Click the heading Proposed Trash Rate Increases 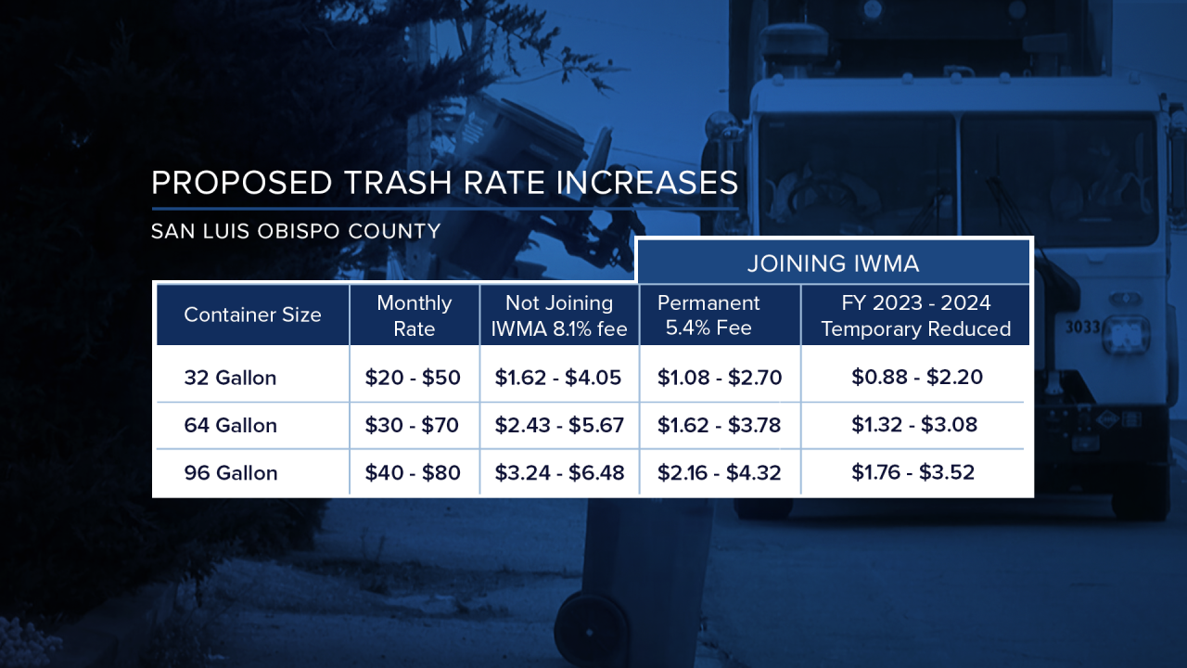click(444, 183)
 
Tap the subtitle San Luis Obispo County click(296, 231)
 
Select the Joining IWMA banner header click(833, 263)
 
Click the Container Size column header click(252, 315)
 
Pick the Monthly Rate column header click(415, 315)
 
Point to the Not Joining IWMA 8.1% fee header click(559, 315)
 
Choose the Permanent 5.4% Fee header click(709, 315)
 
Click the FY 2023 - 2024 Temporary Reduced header click(915, 315)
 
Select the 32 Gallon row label click(230, 378)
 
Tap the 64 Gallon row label click(230, 425)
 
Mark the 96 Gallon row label click(230, 472)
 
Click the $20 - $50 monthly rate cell click(413, 378)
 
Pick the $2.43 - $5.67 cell click(559, 425)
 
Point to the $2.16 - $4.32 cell click(720, 472)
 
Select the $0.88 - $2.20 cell click(916, 377)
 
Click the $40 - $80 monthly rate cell click(413, 472)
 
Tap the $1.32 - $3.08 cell click(916, 424)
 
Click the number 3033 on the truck click(1081, 327)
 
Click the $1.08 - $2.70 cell click(720, 378)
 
